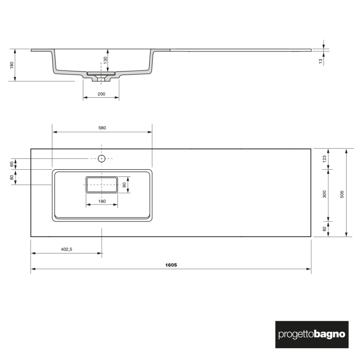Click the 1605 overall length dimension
(x=171, y=265)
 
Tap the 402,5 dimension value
(x=66, y=249)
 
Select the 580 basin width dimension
(x=102, y=128)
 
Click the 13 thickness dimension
(x=320, y=61)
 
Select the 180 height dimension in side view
(x=11, y=65)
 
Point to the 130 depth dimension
(x=105, y=60)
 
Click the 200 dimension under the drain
(x=101, y=94)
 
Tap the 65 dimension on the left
(x=11, y=164)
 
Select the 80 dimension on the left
(x=11, y=177)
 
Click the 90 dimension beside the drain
(x=124, y=184)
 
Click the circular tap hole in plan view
(x=101, y=158)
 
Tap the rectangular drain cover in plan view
(x=101, y=184)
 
